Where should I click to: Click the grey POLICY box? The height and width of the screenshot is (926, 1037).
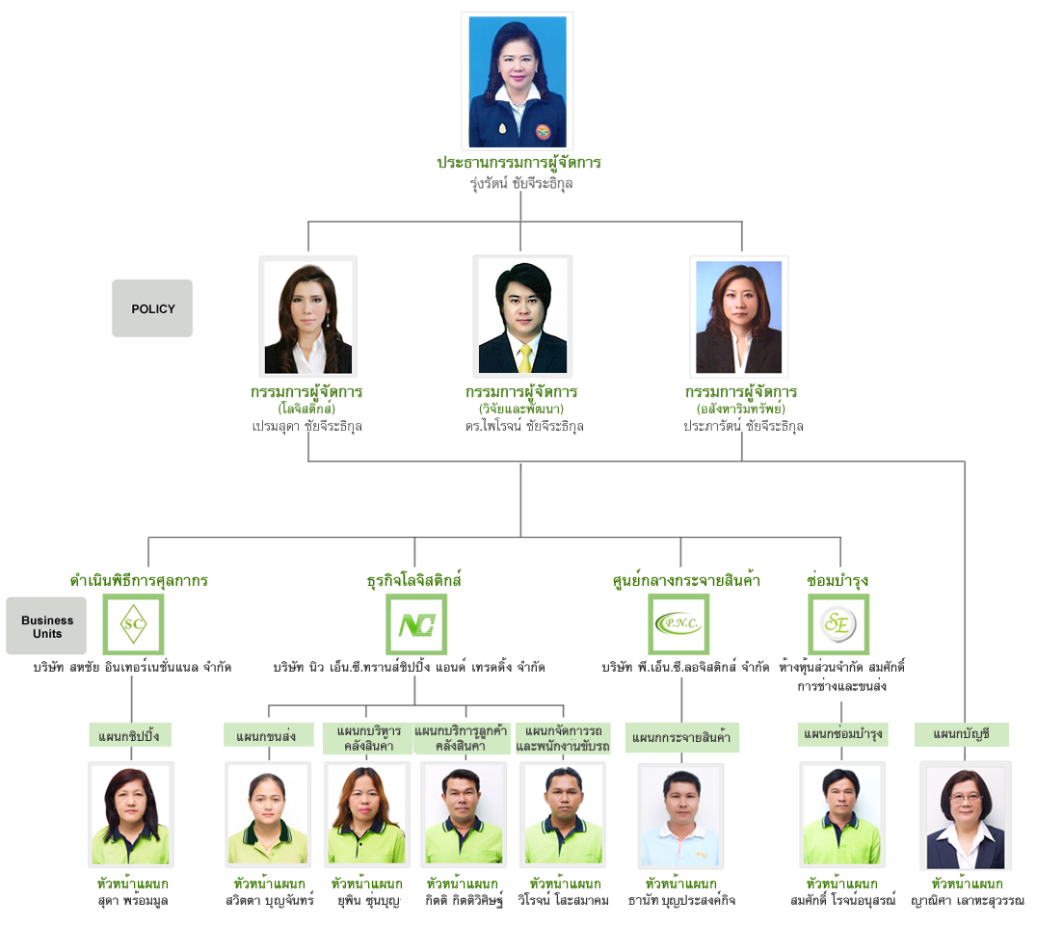click(152, 308)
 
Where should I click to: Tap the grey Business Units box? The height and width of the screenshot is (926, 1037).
click(46, 625)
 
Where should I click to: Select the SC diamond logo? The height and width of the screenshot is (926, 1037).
click(133, 623)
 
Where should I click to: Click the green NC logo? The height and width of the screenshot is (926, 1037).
click(416, 624)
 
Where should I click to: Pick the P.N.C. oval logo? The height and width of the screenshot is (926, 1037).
click(678, 623)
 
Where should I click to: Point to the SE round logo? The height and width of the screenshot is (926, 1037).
click(838, 623)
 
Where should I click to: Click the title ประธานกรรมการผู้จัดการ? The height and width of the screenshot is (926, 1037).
click(519, 163)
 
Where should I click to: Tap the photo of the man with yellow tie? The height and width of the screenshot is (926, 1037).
click(522, 316)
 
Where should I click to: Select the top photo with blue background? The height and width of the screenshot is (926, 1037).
click(518, 81)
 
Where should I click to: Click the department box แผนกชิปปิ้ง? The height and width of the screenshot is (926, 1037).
click(130, 735)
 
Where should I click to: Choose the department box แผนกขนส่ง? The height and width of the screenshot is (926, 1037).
click(268, 735)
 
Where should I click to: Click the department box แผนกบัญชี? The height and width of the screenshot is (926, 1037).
click(962, 734)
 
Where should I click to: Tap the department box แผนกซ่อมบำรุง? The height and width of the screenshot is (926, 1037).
click(842, 734)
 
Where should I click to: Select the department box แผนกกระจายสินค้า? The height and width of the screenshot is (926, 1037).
click(681, 737)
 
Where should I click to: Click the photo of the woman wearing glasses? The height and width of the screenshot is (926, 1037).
click(966, 815)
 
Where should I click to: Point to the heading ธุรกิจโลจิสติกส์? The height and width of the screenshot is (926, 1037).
click(414, 580)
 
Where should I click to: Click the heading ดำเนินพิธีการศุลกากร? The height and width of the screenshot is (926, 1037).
click(139, 580)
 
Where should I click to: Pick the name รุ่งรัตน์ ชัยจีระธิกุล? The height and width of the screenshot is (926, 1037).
click(521, 183)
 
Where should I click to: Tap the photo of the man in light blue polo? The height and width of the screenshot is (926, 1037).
click(681, 815)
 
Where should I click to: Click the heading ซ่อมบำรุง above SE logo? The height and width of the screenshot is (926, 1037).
click(838, 580)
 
